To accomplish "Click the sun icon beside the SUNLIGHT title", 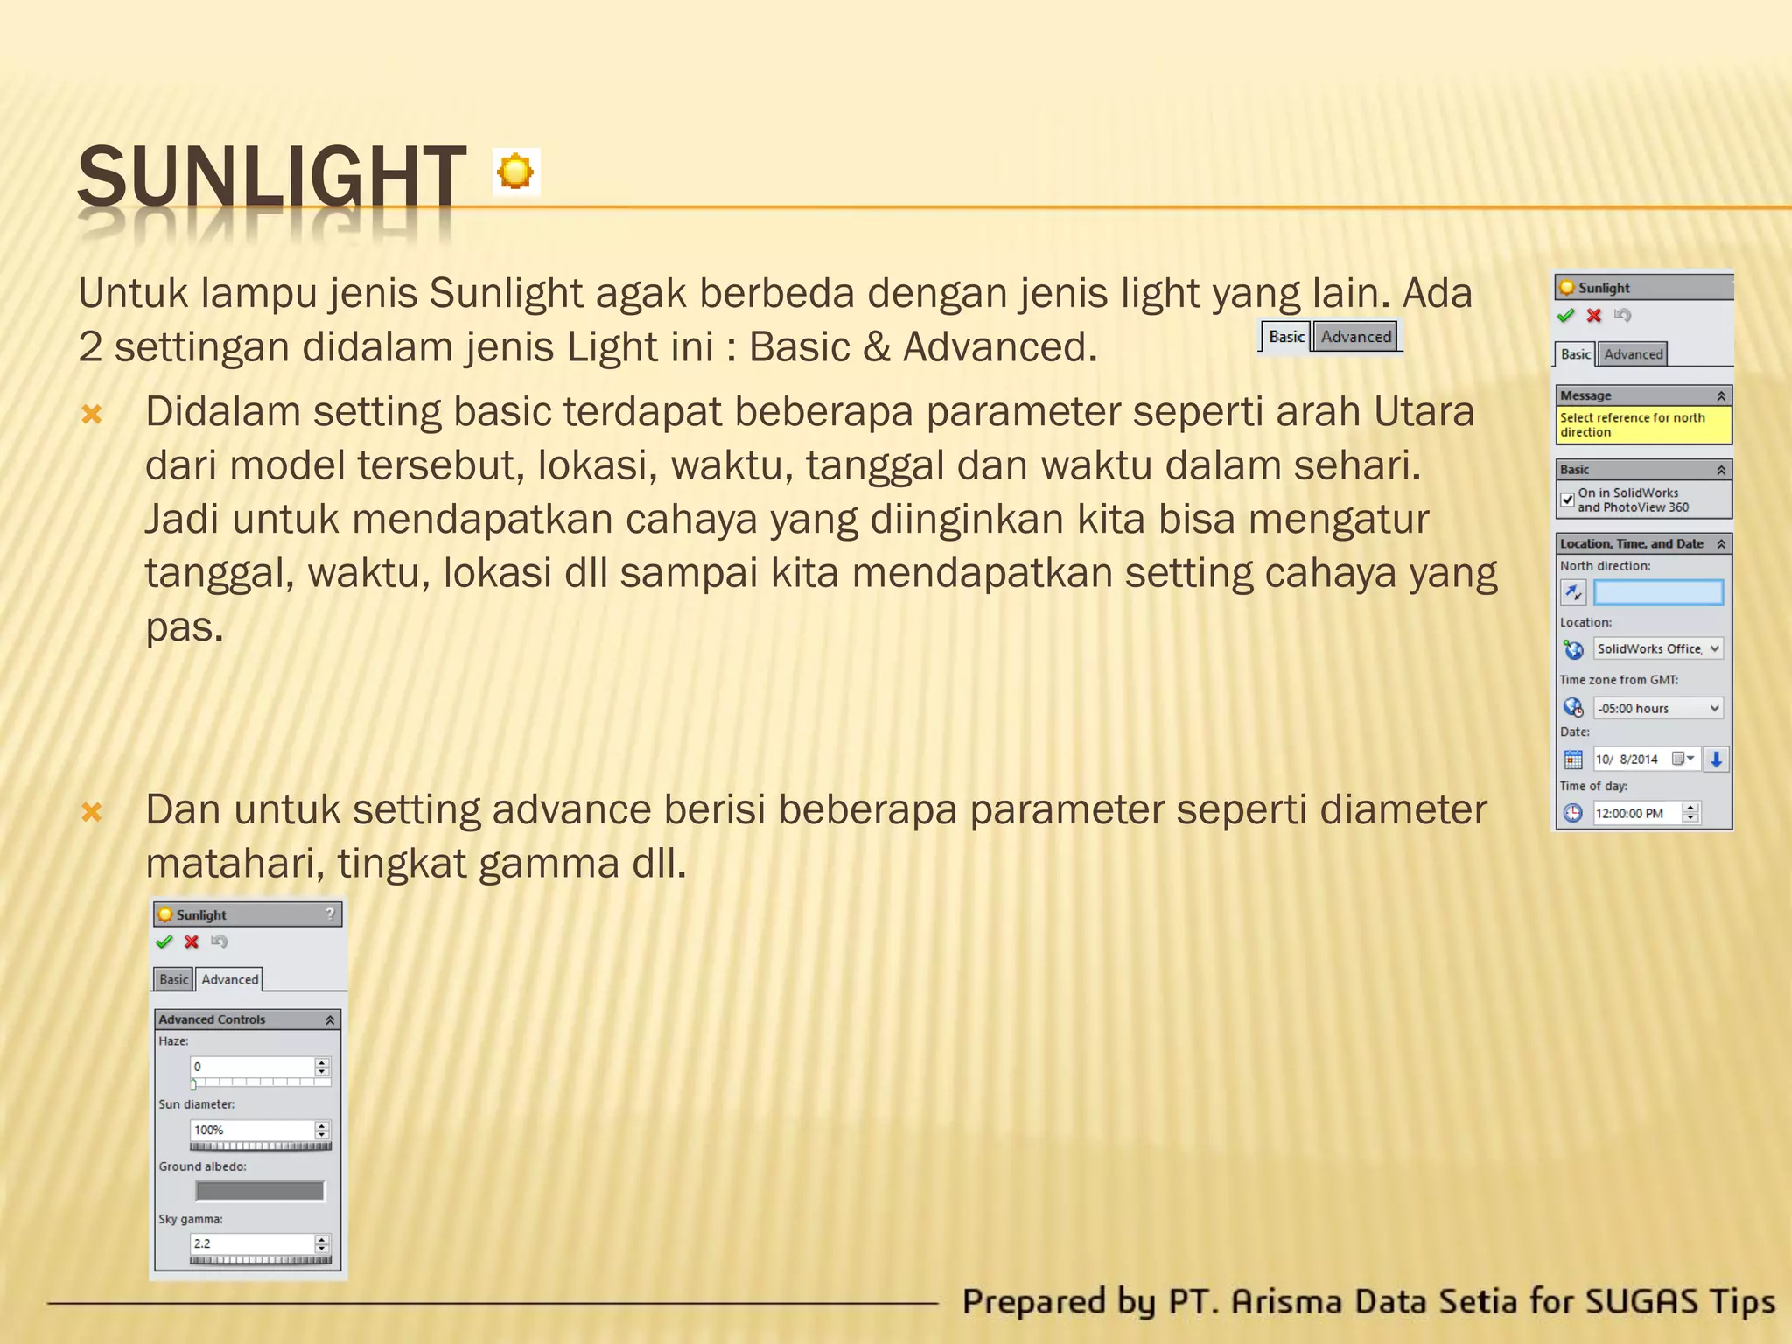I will (x=515, y=171).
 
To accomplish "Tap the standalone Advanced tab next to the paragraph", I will (x=1355, y=337).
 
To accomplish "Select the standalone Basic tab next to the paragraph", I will (x=1286, y=337).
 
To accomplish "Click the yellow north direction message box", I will (x=1643, y=425).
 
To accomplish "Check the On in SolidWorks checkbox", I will (x=1568, y=500).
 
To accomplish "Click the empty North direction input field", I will (x=1658, y=592).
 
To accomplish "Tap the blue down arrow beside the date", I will (x=1717, y=759).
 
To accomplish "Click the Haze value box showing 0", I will (x=252, y=1067).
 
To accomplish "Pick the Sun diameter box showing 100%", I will (x=252, y=1130).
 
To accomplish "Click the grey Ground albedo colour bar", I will (x=260, y=1191).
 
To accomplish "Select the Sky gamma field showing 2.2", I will (x=252, y=1243).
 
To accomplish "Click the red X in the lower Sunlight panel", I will (x=192, y=941).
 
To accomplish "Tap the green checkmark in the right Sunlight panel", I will (x=1566, y=315).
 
